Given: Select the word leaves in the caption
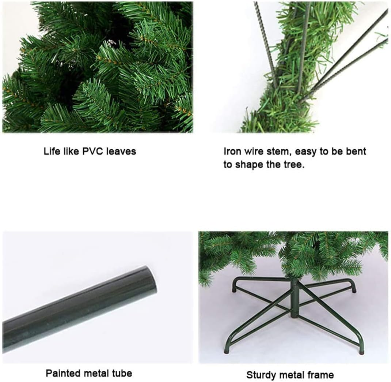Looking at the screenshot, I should coord(121,151).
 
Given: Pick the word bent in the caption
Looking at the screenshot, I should coord(356,151).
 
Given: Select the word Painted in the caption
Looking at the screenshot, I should coord(62,373).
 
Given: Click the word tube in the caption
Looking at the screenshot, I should coord(122,373).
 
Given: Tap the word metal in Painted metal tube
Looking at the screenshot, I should coord(96,373).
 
